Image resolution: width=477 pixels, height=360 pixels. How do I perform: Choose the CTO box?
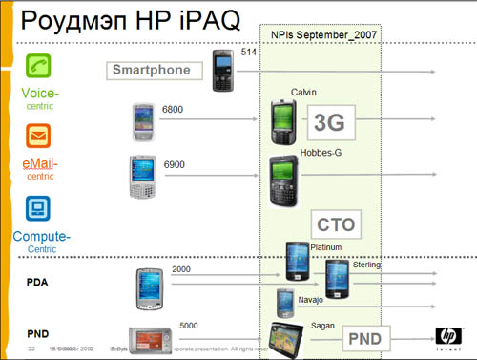(x=336, y=225)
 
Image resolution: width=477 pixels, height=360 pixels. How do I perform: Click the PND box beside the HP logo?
(x=363, y=336)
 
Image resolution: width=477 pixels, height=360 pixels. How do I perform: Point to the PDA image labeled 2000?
(x=151, y=286)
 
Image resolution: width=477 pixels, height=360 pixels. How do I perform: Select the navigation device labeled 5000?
(x=153, y=339)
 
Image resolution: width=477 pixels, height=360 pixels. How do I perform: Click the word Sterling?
(x=367, y=265)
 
